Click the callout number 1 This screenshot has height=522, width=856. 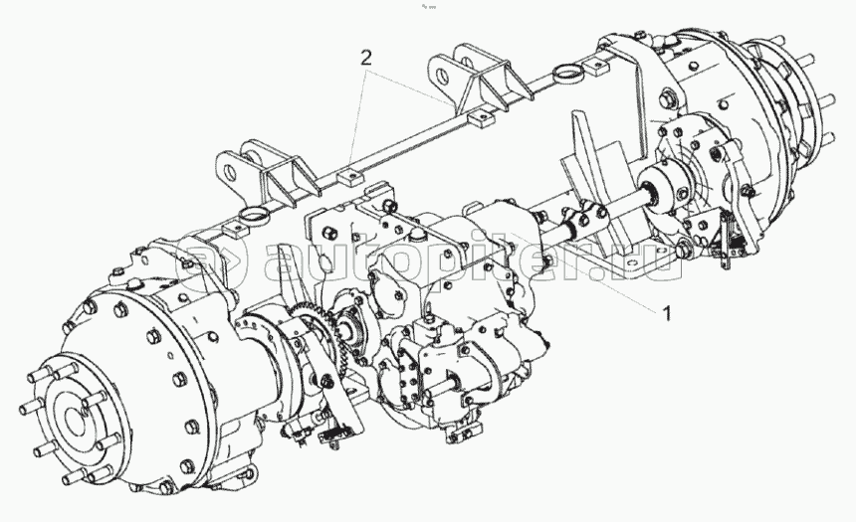(666, 313)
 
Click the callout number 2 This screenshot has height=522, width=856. (365, 58)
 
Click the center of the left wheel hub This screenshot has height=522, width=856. (73, 420)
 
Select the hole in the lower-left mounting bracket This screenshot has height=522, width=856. (228, 171)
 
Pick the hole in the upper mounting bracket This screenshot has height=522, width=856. (440, 73)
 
